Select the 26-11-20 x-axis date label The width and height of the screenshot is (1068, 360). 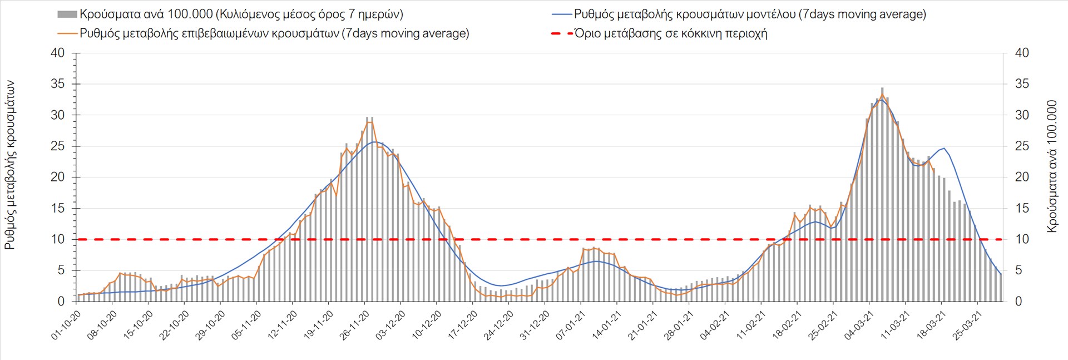click(355, 326)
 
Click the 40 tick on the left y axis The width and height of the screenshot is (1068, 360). click(57, 53)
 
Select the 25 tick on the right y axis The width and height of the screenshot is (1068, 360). click(1022, 146)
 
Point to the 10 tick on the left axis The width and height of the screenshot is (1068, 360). click(58, 239)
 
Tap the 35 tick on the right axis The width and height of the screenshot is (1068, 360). click(1022, 84)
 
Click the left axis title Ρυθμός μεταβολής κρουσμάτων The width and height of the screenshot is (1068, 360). click(10, 165)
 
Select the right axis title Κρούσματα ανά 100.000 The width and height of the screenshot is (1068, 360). click(1051, 166)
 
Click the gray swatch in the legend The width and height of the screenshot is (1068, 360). click(67, 14)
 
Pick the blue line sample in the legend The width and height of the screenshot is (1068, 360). click(562, 14)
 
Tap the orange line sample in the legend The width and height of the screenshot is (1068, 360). click(67, 33)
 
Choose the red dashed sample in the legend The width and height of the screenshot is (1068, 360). click(562, 33)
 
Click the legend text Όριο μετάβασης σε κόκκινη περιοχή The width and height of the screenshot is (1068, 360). click(671, 33)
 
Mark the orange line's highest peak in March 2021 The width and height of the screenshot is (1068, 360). click(882, 94)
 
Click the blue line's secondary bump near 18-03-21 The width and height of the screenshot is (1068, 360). click(944, 148)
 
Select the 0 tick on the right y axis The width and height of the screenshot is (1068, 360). click(1018, 302)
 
